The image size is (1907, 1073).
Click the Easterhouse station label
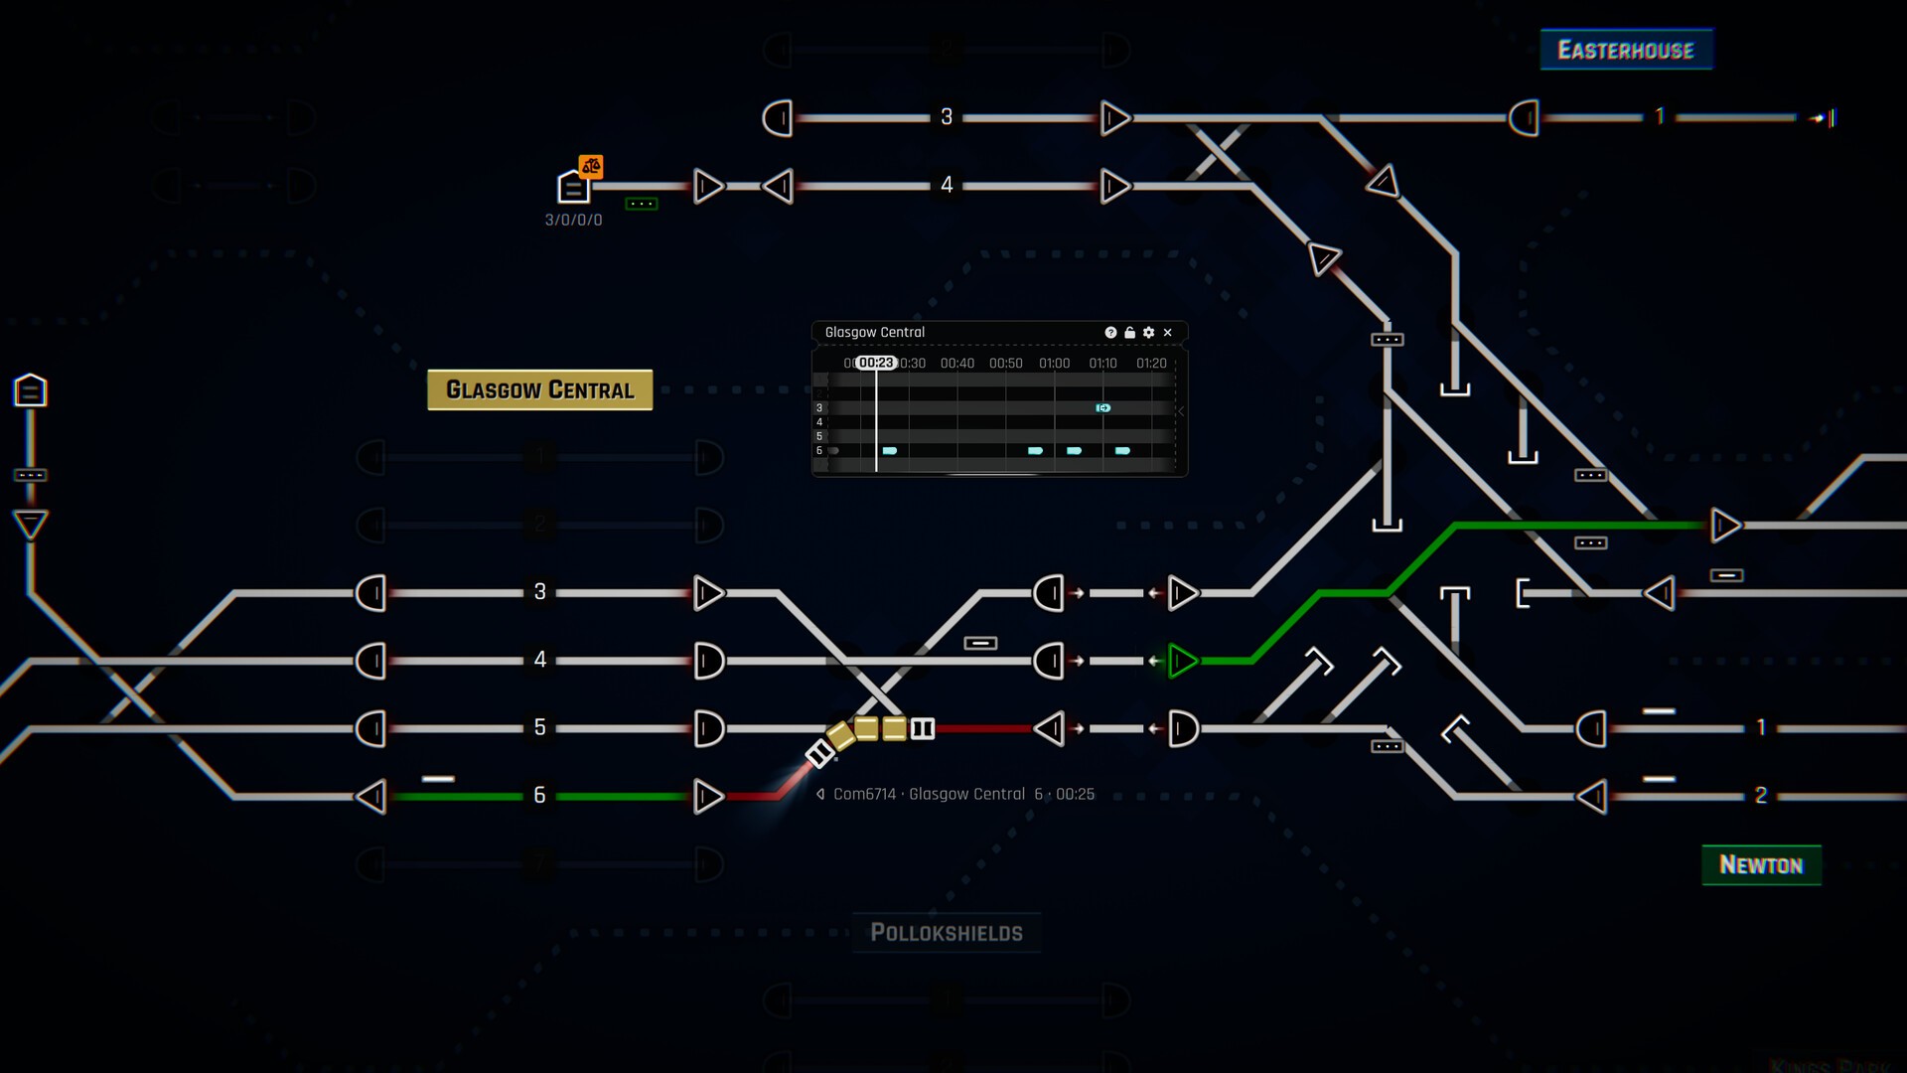tap(1626, 50)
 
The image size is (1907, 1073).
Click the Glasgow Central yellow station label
tap(539, 389)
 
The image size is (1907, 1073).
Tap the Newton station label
tap(1761, 865)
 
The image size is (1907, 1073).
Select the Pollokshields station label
tap(946, 933)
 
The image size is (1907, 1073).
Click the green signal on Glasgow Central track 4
tap(1182, 661)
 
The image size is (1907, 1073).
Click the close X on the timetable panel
tap(1168, 333)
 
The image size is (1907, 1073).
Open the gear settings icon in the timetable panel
tap(1149, 333)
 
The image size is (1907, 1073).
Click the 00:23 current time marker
tap(876, 364)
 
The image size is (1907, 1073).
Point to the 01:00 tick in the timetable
tap(1054, 364)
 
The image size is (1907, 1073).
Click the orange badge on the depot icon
tap(591, 166)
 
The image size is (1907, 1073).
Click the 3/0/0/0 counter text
tap(573, 221)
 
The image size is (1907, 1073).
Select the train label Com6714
tap(864, 795)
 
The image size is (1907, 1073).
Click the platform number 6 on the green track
tap(539, 795)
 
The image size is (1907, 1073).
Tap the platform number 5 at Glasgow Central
tap(539, 727)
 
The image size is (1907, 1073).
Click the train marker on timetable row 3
tap(1102, 408)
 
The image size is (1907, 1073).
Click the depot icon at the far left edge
tap(30, 390)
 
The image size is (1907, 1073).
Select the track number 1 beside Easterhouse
tap(1660, 117)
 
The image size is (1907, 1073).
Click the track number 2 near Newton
tap(1760, 795)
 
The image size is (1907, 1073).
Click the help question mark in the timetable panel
tap(1110, 333)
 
